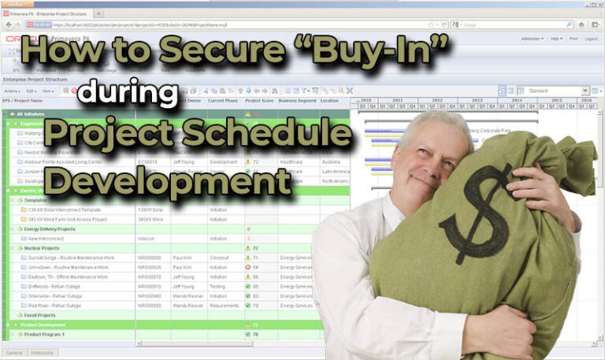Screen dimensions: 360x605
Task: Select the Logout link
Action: [x=591, y=38]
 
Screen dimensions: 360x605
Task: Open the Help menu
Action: [x=555, y=38]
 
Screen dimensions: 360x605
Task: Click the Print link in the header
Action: [x=573, y=38]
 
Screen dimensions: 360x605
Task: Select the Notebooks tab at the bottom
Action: [x=43, y=352]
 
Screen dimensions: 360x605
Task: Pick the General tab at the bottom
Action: [x=14, y=352]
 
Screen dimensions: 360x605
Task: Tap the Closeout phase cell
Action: [x=220, y=258]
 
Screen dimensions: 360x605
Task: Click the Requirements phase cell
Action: [x=225, y=305]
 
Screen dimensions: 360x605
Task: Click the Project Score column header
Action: [x=259, y=101]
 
